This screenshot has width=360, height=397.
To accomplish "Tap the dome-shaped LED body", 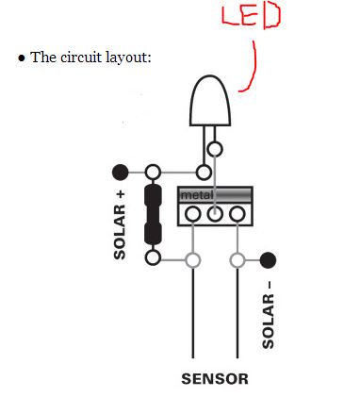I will (209, 100).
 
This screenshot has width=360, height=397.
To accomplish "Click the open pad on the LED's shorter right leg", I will (216, 148).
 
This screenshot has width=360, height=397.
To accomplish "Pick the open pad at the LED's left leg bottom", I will (203, 172).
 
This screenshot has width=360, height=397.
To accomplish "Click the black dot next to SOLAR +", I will (120, 172).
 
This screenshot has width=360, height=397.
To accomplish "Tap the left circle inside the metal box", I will (193, 214).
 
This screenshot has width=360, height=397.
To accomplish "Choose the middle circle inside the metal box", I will (215, 214).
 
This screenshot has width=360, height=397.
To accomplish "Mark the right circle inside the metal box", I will (237, 214).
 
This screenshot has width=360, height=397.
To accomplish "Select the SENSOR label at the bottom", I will (215, 379).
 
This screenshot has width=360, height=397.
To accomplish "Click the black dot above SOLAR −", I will (268, 259).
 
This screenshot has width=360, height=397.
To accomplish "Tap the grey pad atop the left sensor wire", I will (193, 259).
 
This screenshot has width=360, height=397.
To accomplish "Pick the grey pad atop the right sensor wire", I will (237, 259).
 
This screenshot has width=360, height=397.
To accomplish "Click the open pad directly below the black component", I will (154, 257).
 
